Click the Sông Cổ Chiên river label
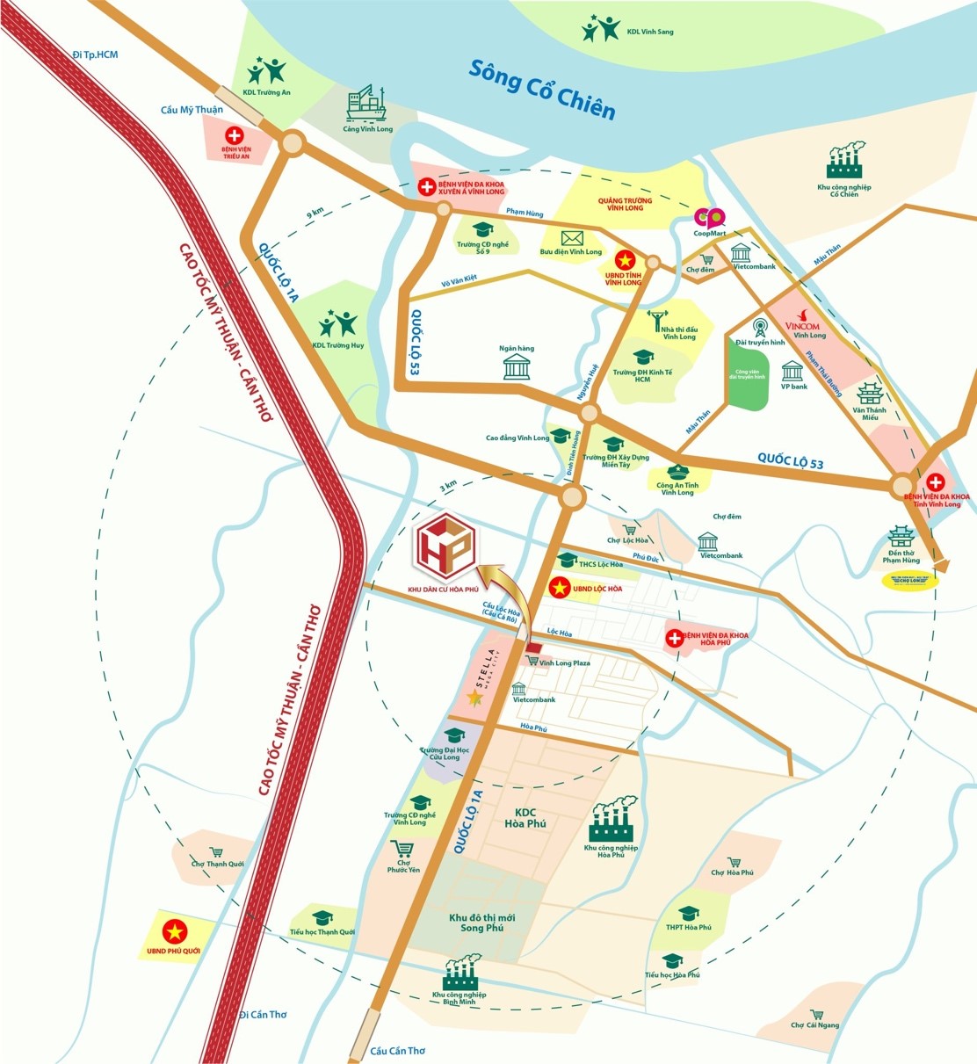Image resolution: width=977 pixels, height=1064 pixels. (541, 90)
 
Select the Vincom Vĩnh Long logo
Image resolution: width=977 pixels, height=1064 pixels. (801, 324)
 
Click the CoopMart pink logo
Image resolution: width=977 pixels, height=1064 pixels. (709, 217)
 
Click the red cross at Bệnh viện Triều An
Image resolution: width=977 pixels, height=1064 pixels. (235, 135)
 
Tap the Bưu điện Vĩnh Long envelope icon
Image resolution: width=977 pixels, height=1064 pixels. (572, 238)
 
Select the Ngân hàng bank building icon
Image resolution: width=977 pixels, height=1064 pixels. (517, 366)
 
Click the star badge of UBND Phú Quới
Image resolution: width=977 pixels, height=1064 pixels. (175, 930)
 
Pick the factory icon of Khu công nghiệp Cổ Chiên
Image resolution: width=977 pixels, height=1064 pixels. (844, 163)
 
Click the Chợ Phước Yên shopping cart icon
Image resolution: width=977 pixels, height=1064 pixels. (402, 849)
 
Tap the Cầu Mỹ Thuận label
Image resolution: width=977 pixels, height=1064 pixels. (192, 110)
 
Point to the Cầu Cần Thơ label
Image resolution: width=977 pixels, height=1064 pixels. (397, 1051)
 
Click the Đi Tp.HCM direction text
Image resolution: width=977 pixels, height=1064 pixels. (95, 54)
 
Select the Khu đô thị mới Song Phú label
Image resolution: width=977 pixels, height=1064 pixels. (482, 923)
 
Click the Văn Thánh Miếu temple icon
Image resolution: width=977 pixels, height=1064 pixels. (869, 393)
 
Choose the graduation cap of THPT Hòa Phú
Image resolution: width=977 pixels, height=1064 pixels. (688, 913)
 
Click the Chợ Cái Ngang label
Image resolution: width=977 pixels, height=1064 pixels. (814, 1024)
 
